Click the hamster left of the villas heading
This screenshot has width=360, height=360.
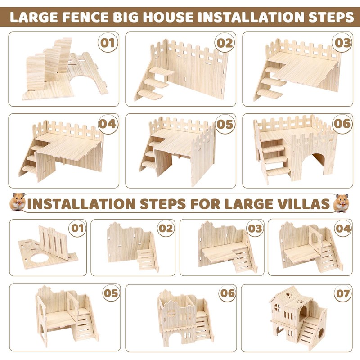point(18,202)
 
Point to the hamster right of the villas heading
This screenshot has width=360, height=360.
point(342,203)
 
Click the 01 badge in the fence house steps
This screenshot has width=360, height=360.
point(108,43)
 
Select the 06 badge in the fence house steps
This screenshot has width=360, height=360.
point(342,124)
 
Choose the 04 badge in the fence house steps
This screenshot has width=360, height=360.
point(108,124)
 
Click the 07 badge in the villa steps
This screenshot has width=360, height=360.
point(343,293)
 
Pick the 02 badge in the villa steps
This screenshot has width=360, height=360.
point(166,228)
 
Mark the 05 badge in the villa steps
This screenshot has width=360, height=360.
point(111,293)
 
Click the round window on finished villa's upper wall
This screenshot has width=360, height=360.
point(278,308)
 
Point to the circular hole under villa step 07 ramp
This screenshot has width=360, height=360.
point(321,333)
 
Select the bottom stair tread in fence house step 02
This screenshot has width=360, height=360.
point(151,94)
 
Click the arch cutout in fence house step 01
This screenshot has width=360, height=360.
point(83,78)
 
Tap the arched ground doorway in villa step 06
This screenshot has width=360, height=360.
point(175,339)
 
